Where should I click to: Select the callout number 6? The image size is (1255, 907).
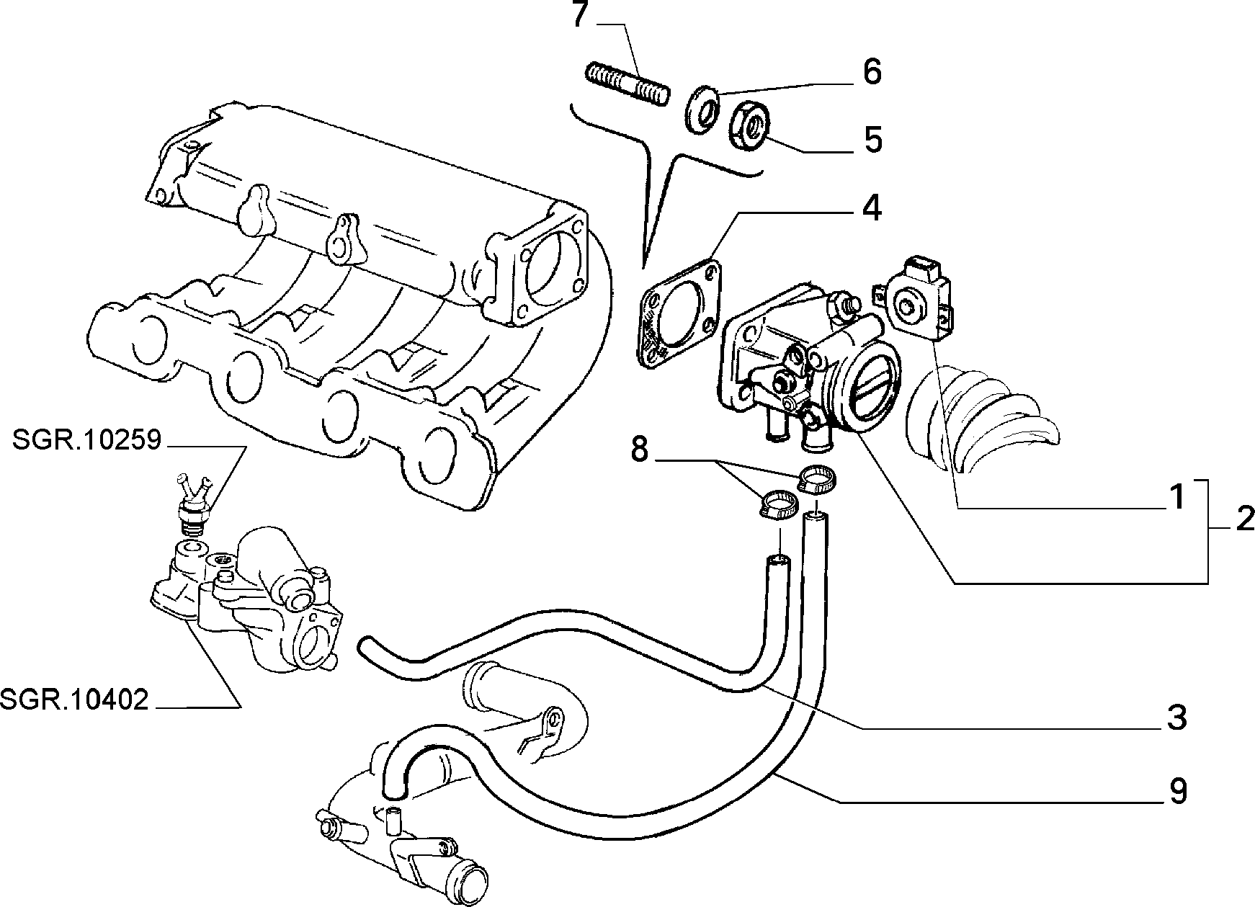tap(872, 72)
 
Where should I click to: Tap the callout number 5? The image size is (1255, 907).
tap(872, 140)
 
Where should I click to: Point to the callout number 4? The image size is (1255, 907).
tap(872, 208)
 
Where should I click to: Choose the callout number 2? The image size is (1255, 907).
tap(1244, 519)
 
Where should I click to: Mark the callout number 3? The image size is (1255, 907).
tap(1176, 718)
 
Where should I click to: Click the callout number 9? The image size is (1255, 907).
tap(1176, 791)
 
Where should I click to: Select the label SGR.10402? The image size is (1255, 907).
tap(75, 699)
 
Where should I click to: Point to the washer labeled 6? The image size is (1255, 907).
tap(701, 109)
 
